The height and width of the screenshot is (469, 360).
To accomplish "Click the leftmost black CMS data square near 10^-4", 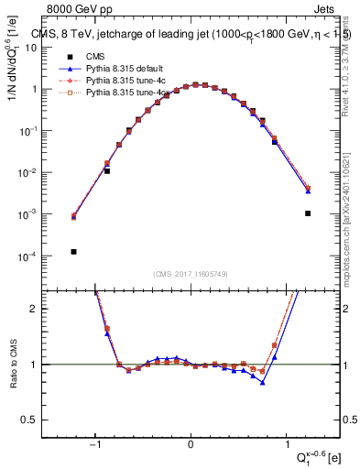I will pos(72,251).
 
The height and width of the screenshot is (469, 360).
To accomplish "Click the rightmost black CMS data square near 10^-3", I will pos(308,213).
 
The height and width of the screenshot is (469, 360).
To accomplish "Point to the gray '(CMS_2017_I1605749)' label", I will pos(191,274).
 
